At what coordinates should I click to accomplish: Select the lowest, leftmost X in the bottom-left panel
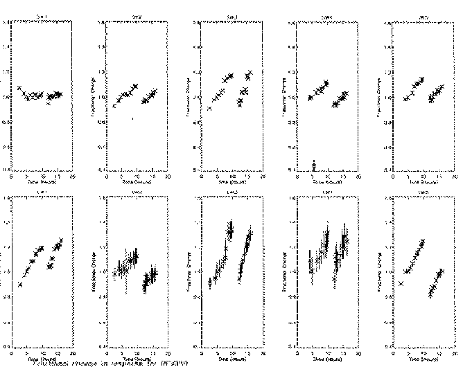(x=20, y=284)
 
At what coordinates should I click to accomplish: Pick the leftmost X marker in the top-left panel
(x=19, y=88)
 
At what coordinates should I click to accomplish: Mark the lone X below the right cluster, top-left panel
(x=49, y=104)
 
